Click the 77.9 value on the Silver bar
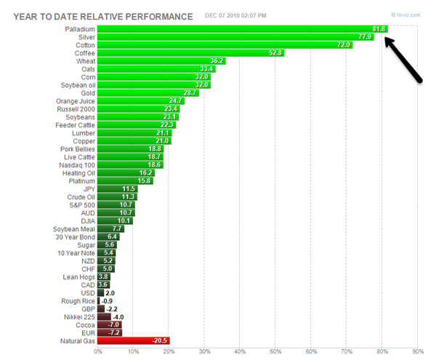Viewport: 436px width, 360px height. coord(365,36)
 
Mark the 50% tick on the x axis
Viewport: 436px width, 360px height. coord(275,352)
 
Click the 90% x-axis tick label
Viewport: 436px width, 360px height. coord(417,352)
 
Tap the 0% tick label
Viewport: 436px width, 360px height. coord(98,352)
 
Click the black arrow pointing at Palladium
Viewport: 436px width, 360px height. coord(404,60)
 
